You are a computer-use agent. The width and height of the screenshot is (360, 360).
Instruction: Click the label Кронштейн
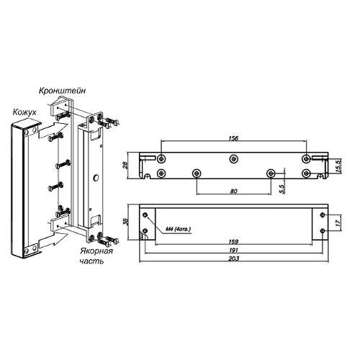pyautogui.click(x=62, y=91)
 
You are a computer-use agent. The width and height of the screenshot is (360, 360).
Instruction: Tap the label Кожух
pyautogui.click(x=24, y=112)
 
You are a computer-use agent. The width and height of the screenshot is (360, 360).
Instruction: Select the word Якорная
pyautogui.click(x=96, y=251)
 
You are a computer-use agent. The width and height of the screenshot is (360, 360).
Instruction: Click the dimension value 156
pyautogui.click(x=233, y=138)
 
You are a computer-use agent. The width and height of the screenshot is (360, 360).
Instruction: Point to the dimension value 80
pyautogui.click(x=233, y=192)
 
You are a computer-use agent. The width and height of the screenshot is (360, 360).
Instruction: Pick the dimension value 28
pyautogui.click(x=127, y=165)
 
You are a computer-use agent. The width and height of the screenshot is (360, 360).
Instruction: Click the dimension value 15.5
pyautogui.click(x=338, y=165)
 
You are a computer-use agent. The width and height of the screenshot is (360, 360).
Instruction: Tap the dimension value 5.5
pyautogui.click(x=282, y=189)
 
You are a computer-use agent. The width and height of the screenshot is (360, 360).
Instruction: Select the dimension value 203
pyautogui.click(x=234, y=258)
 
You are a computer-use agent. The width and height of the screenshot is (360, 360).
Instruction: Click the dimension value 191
pyautogui.click(x=233, y=250)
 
